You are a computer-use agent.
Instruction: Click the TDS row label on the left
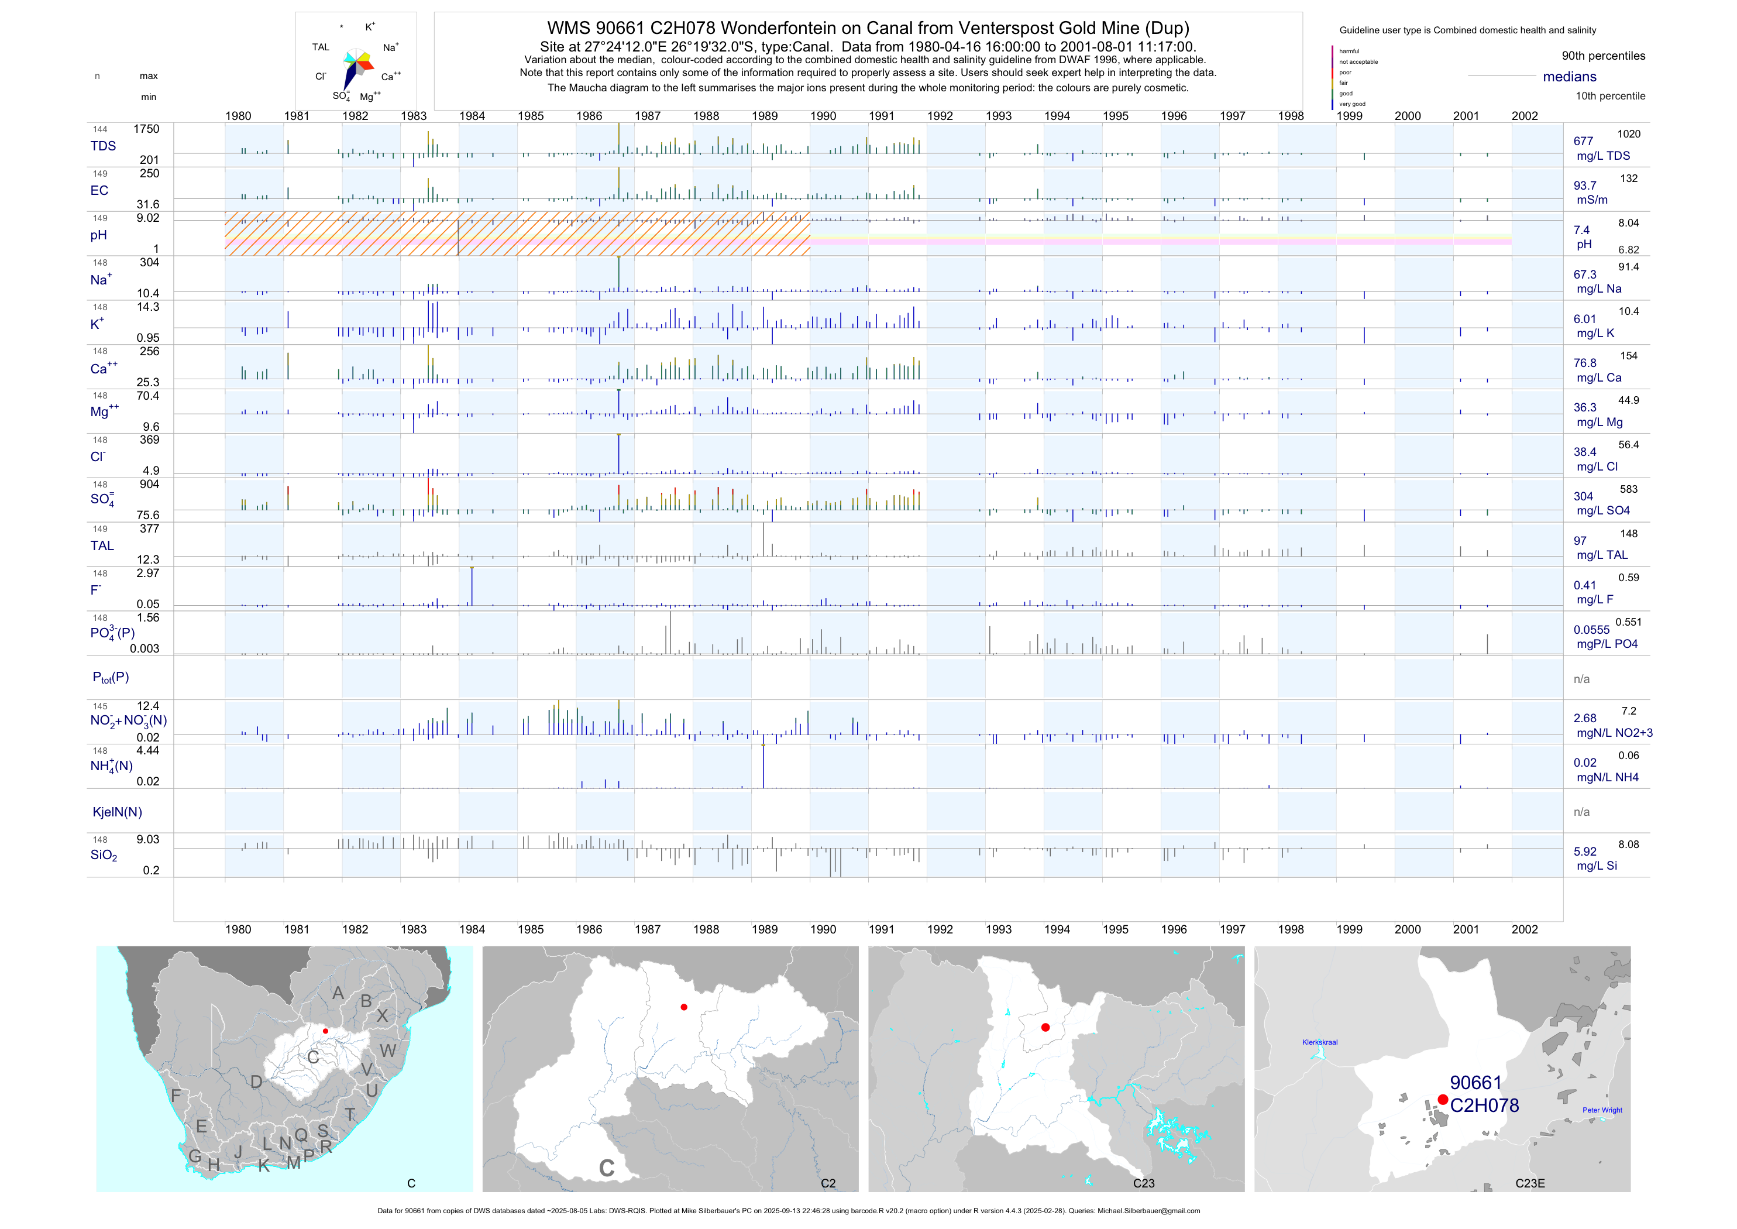[103, 146]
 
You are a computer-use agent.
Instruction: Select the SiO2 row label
[104, 855]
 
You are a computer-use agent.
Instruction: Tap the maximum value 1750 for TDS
[146, 129]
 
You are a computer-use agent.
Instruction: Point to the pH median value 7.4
[1581, 230]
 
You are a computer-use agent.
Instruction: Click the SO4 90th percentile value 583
[1628, 490]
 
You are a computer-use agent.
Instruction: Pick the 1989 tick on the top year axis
[764, 116]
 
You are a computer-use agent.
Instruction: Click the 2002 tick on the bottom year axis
[1525, 929]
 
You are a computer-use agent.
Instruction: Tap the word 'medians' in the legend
[1569, 77]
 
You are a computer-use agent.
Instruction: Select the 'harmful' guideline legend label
[1349, 52]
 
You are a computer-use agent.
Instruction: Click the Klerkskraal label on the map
[1319, 1042]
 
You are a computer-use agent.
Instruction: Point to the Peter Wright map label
[1602, 1110]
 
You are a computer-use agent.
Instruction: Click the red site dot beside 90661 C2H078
[1443, 1100]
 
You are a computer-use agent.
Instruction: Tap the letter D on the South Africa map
[256, 1082]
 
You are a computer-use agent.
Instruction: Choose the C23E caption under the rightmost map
[1530, 1183]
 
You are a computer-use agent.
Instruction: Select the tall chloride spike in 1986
[619, 454]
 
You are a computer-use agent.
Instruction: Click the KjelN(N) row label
[117, 812]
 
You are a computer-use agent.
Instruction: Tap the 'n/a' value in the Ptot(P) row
[1581, 679]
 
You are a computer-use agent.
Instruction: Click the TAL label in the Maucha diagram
[321, 47]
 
